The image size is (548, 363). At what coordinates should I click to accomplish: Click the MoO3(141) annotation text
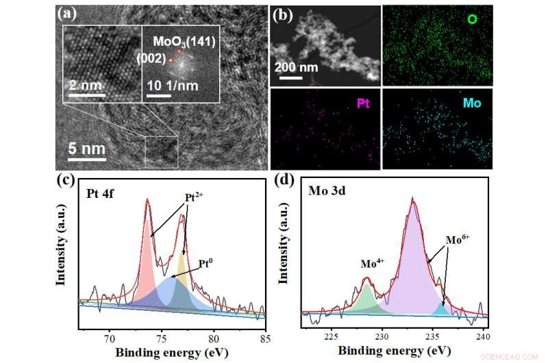click(x=184, y=42)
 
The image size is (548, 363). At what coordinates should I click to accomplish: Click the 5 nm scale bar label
click(x=86, y=149)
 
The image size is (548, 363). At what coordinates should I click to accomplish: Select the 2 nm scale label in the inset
click(x=84, y=86)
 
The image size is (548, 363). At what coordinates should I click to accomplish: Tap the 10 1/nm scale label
click(x=168, y=86)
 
